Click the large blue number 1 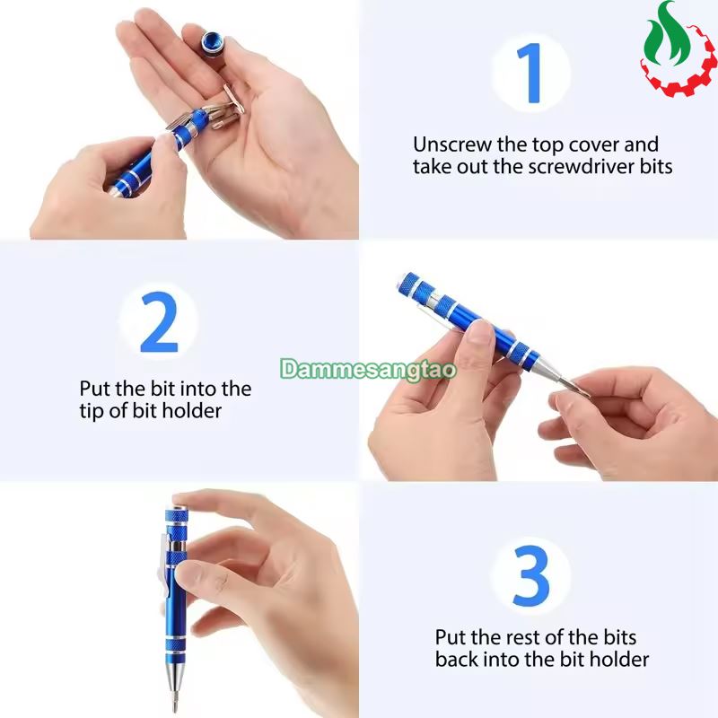531,74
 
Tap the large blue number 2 159,322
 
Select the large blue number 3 530,575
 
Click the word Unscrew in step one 452,144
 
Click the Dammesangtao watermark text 369,369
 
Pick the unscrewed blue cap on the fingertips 212,40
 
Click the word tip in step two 92,410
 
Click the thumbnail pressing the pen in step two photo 479,330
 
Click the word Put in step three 451,637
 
